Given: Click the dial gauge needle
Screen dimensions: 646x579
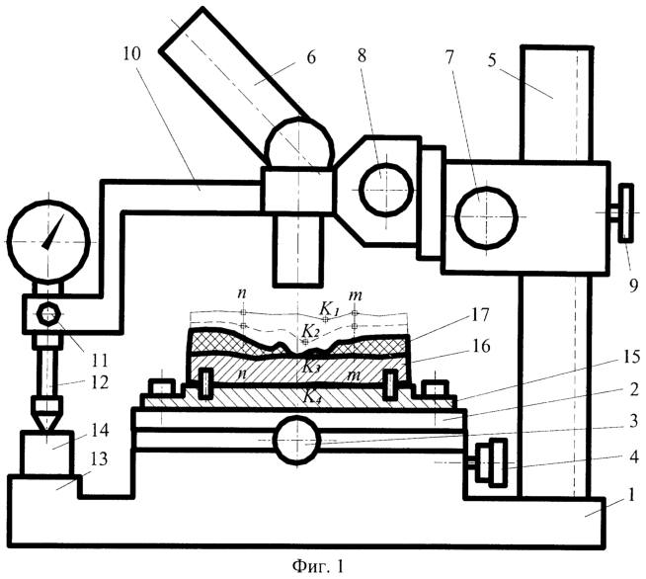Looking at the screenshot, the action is click(53, 232).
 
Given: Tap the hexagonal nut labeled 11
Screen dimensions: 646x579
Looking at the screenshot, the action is click(49, 314).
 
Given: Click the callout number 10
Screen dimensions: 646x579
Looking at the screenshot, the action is click(131, 53).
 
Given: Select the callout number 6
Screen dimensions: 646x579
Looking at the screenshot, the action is click(311, 57).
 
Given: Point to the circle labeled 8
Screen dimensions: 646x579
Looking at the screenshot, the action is click(386, 189).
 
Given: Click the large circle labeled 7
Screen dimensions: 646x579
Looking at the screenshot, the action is click(487, 217).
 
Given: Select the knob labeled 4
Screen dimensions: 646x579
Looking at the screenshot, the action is click(490, 461).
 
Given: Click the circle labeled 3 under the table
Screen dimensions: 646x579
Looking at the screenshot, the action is click(296, 439).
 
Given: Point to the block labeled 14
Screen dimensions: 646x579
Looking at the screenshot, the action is click(47, 453).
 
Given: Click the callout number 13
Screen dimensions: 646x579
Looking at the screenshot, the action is click(98, 458).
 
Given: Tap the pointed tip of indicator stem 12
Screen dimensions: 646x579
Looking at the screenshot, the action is click(47, 432).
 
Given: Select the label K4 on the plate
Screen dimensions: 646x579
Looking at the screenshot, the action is click(312, 396).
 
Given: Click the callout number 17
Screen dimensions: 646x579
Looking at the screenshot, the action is click(479, 315).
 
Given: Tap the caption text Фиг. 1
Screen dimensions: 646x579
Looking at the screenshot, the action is click(318, 566).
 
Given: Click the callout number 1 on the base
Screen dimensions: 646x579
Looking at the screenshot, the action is click(630, 495).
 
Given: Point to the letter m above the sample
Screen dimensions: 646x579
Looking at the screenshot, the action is click(356, 295).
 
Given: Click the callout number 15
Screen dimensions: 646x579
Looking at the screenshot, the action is click(630, 358).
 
